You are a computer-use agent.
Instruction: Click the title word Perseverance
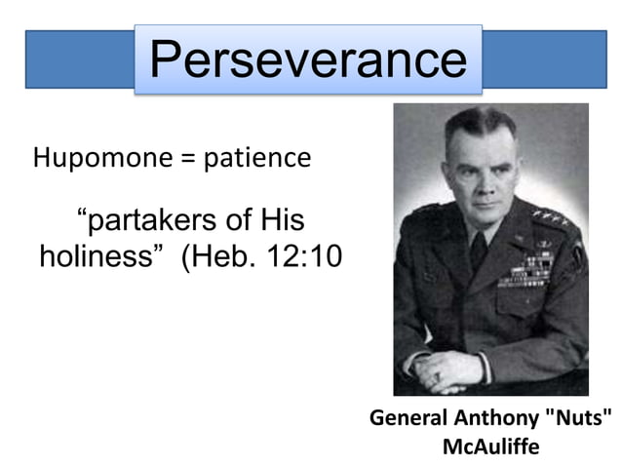308,59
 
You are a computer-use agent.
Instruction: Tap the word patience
256,158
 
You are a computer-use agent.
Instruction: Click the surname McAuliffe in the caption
490,447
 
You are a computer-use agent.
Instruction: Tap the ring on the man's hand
438,375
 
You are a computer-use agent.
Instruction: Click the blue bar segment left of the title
78,59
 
